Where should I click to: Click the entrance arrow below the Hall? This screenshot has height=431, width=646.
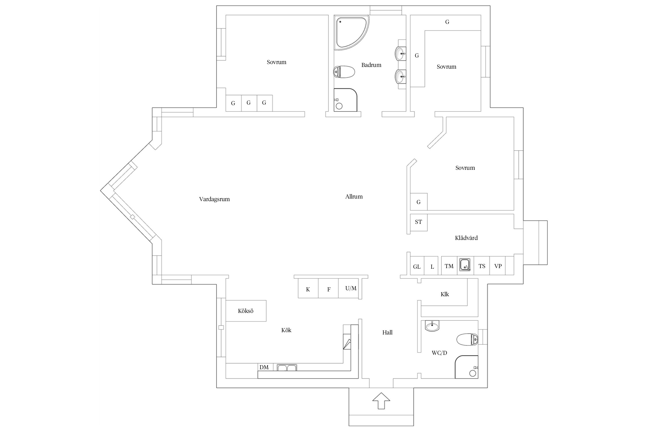pos(381,401)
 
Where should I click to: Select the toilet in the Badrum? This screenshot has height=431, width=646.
pos(344,72)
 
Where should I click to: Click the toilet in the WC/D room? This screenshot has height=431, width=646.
pos(467,339)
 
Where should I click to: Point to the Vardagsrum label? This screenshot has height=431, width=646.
pos(214,199)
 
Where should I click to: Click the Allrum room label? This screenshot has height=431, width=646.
pos(354,197)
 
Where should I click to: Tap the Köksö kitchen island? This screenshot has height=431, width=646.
pos(246,311)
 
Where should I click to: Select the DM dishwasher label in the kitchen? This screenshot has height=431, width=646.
pos(264,367)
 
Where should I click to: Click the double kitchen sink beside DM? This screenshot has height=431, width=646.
pos(287,367)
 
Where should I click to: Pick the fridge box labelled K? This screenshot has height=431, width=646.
pos(308,288)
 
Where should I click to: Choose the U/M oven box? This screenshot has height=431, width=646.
pos(349,288)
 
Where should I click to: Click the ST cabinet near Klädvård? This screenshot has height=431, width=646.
pos(419,222)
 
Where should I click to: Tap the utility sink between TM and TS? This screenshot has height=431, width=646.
pos(465,264)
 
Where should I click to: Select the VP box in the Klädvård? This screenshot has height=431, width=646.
pos(498,266)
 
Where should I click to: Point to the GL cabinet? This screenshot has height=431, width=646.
pos(417,266)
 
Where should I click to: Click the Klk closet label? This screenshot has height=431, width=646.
pos(445,294)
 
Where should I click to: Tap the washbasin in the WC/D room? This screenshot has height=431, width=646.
pos(432,326)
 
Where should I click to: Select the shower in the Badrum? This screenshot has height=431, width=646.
pos(345,100)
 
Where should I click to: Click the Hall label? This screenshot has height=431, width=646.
pos(387,332)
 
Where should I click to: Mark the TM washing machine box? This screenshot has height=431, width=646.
pos(449,266)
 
